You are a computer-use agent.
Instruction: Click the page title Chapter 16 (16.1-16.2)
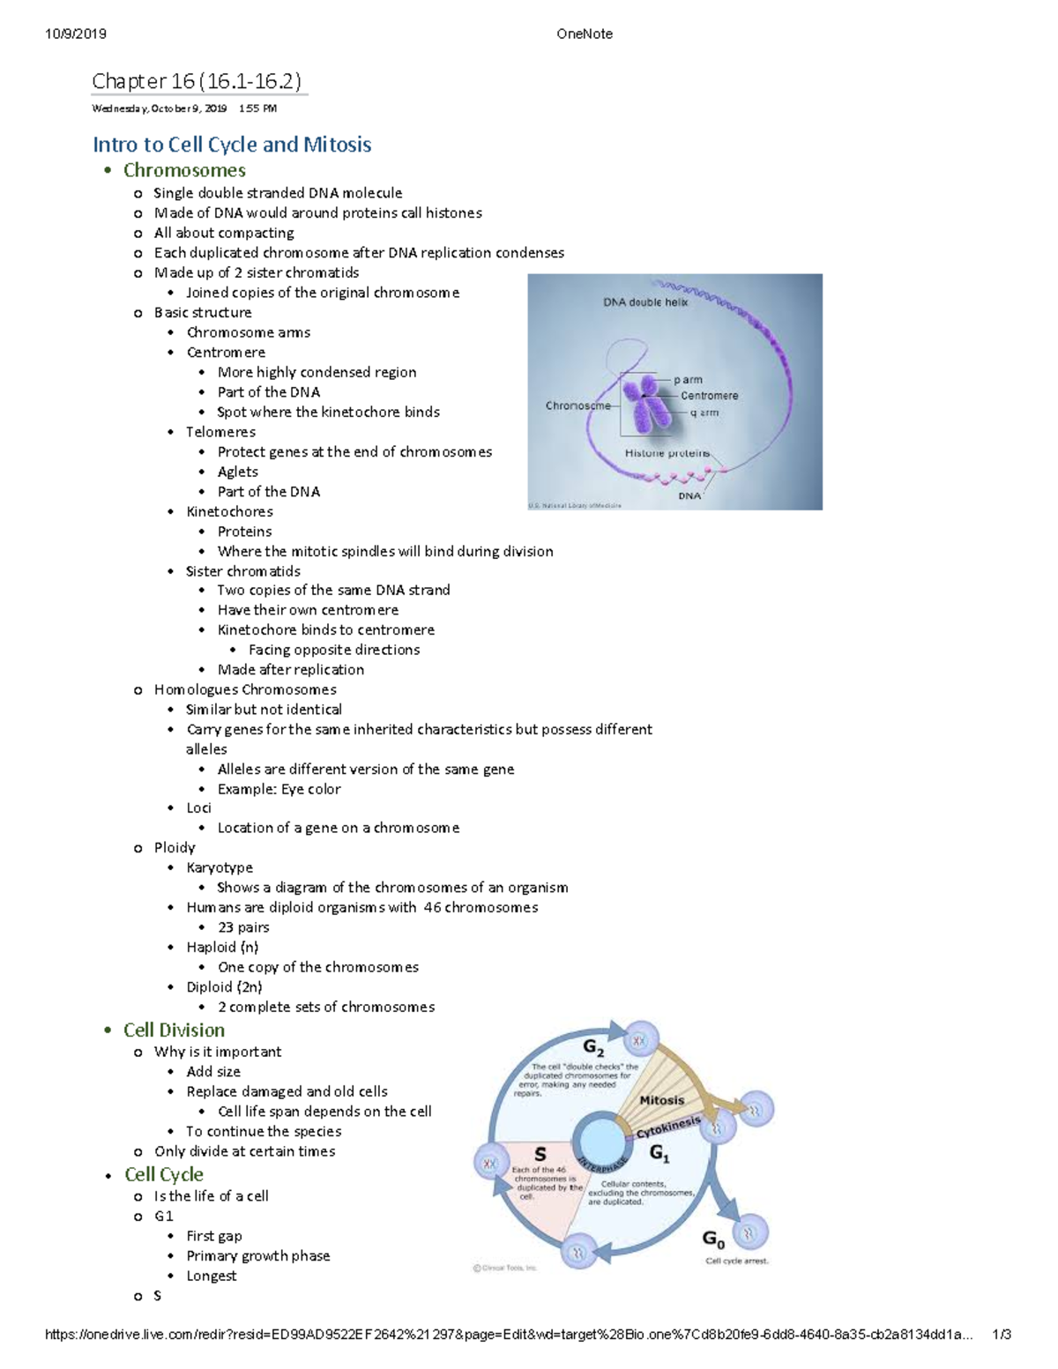pyautogui.click(x=197, y=82)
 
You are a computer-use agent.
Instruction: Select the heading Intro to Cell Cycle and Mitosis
pyautogui.click(x=232, y=145)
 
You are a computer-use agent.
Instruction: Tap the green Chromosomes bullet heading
pyautogui.click(x=184, y=170)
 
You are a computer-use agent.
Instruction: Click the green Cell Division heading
pyautogui.click(x=174, y=1030)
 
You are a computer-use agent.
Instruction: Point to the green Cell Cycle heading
pyautogui.click(x=164, y=1174)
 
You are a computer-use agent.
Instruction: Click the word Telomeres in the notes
pyautogui.click(x=220, y=432)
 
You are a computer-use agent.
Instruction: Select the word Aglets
pyautogui.click(x=238, y=472)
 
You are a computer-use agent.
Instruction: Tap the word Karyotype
pyautogui.click(x=220, y=867)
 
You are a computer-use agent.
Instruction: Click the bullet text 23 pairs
pyautogui.click(x=243, y=927)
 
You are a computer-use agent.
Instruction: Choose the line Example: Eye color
pyautogui.click(x=279, y=789)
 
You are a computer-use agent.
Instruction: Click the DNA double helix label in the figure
pyautogui.click(x=645, y=302)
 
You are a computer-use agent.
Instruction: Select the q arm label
pyautogui.click(x=704, y=413)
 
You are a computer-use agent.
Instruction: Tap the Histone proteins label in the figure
pyautogui.click(x=667, y=453)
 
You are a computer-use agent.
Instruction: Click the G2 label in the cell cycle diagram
pyautogui.click(x=593, y=1048)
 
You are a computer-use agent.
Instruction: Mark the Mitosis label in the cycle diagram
pyautogui.click(x=661, y=1100)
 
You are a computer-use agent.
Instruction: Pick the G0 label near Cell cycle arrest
pyautogui.click(x=713, y=1239)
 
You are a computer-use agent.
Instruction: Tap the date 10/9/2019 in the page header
pyautogui.click(x=76, y=33)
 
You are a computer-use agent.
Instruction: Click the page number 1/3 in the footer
pyautogui.click(x=1001, y=1335)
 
